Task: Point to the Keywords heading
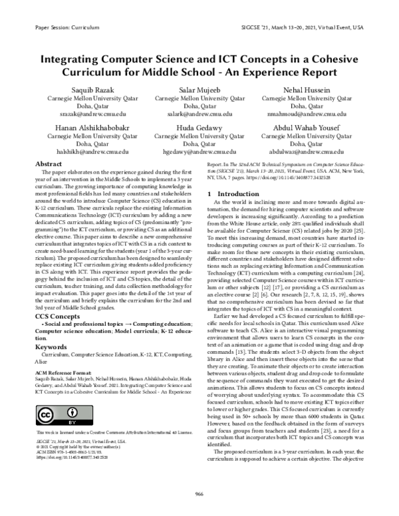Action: [51, 347]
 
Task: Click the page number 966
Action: [199, 493]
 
